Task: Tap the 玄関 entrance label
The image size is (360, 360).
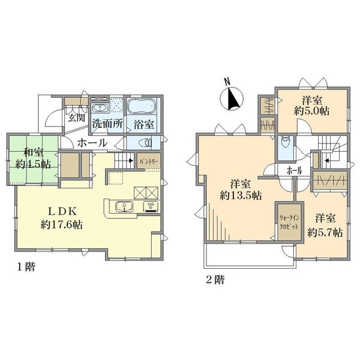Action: pos(75,118)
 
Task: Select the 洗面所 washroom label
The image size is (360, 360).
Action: pos(107,125)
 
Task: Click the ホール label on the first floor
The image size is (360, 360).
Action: pos(93,143)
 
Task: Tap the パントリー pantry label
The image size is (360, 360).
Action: pos(148,162)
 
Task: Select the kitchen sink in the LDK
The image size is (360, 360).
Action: pos(125,207)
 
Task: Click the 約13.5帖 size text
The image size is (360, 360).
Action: pos(241,195)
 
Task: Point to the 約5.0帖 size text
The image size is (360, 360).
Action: pos(311,111)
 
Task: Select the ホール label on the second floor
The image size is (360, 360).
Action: pos(295,170)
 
